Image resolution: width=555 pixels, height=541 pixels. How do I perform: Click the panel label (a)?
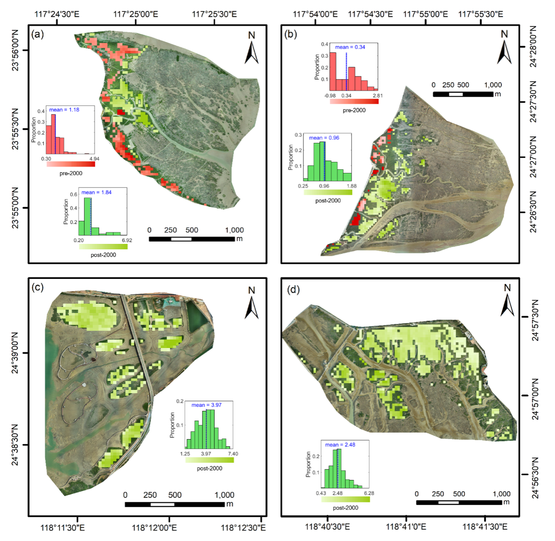click(x=37, y=34)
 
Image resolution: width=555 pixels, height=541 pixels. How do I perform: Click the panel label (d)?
click(x=293, y=289)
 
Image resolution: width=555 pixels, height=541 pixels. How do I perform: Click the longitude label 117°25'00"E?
click(x=136, y=14)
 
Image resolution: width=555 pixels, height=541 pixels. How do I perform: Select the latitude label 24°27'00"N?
click(x=533, y=157)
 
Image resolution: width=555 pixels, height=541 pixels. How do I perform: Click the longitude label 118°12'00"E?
click(x=154, y=527)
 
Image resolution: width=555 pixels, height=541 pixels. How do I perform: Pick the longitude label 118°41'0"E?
click(x=406, y=526)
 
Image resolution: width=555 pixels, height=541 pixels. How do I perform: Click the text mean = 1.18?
click(x=64, y=110)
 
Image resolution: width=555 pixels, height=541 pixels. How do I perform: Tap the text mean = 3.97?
click(x=207, y=405)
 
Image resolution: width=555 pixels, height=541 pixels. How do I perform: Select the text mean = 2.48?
click(x=340, y=445)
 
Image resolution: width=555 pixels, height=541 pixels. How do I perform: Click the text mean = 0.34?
click(x=350, y=47)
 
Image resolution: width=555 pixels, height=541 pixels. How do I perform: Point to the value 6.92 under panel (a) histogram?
click(x=126, y=240)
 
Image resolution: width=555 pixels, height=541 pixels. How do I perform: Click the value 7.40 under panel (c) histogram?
click(x=232, y=454)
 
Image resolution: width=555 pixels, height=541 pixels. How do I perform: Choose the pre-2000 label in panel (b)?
click(x=354, y=110)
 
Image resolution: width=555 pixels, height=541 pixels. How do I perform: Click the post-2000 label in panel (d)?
click(x=345, y=508)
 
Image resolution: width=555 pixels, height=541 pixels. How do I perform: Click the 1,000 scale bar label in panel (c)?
click(x=224, y=495)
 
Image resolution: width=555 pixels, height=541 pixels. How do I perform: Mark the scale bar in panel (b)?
click(x=463, y=94)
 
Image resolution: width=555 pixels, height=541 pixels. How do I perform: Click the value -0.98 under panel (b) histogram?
click(x=330, y=96)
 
